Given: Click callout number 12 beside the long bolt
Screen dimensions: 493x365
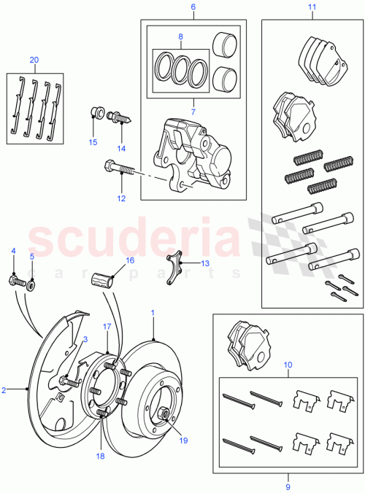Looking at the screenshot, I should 122,198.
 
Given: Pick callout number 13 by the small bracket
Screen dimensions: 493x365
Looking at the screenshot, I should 205,263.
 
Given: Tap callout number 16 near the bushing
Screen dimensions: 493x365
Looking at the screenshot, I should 130,259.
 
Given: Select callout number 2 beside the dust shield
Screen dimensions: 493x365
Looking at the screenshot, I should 4,390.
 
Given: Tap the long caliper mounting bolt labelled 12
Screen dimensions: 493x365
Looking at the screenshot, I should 120,169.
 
